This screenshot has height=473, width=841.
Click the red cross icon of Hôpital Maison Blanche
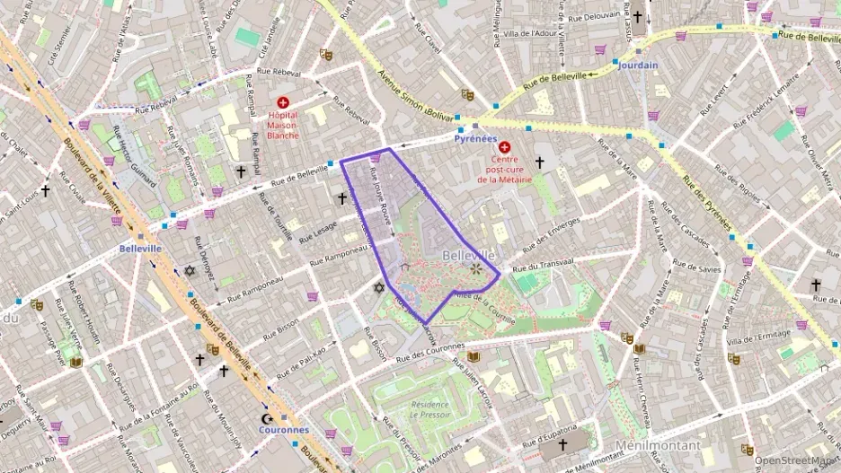tap(284, 103)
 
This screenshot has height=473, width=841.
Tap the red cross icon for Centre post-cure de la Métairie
tap(504, 146)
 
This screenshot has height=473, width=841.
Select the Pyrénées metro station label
tap(474, 139)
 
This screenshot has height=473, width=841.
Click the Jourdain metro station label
tap(638, 66)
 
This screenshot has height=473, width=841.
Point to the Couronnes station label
tap(284, 430)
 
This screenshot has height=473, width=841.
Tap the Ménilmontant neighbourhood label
tap(658, 445)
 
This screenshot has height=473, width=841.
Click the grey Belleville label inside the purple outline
tap(469, 256)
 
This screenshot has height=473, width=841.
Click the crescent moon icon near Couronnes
tap(265, 419)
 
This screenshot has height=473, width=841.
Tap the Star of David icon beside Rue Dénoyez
tap(190, 270)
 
